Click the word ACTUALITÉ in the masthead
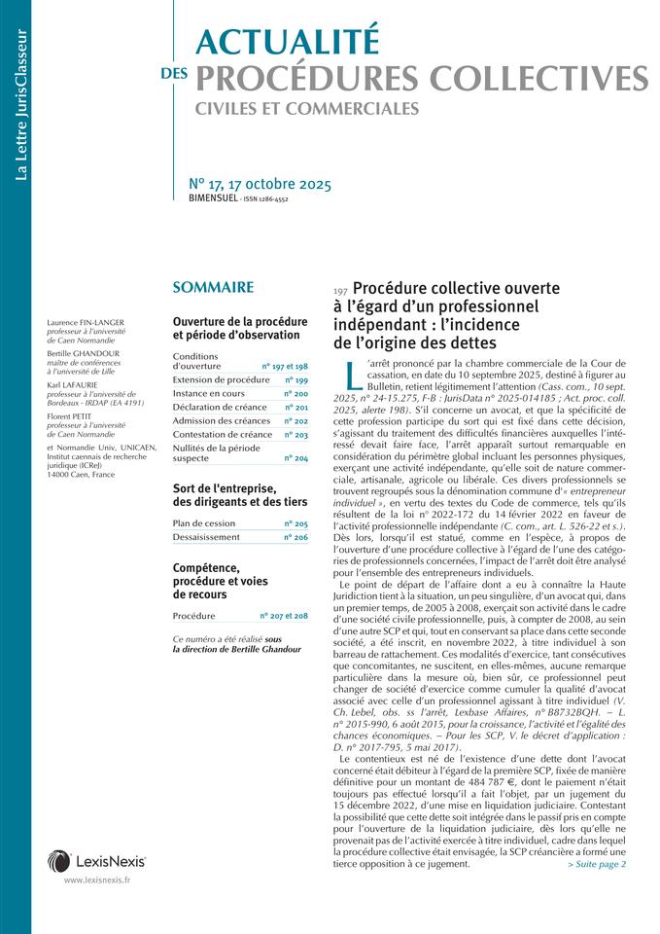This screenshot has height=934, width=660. pyautogui.click(x=286, y=40)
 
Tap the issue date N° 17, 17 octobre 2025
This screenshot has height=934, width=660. pyautogui.click(x=260, y=184)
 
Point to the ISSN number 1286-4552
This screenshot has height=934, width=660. pyautogui.click(x=268, y=198)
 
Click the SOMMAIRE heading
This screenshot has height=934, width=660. pyautogui.click(x=213, y=287)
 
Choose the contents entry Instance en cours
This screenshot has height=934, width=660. pyautogui.click(x=209, y=393)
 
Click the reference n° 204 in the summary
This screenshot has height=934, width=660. pyautogui.click(x=295, y=457)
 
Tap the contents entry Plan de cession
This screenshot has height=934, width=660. pyautogui.click(x=204, y=522)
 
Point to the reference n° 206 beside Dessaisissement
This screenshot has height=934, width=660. pyautogui.click(x=295, y=536)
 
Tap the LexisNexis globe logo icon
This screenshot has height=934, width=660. pyautogui.click(x=58, y=860)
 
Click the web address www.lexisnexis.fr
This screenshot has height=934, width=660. pyautogui.click(x=97, y=880)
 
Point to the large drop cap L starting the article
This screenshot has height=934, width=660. pyautogui.click(x=354, y=374)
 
